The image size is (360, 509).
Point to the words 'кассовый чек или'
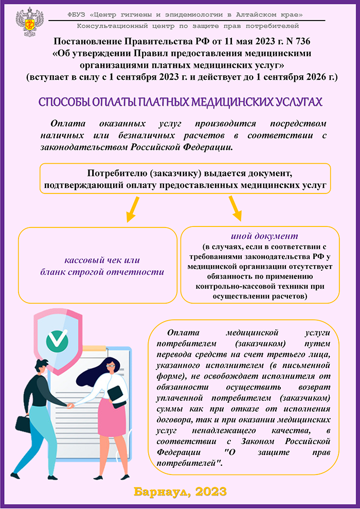(x=102, y=260)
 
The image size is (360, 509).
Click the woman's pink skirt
(x=113, y=415)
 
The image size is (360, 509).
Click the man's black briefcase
(x=23, y=423)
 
